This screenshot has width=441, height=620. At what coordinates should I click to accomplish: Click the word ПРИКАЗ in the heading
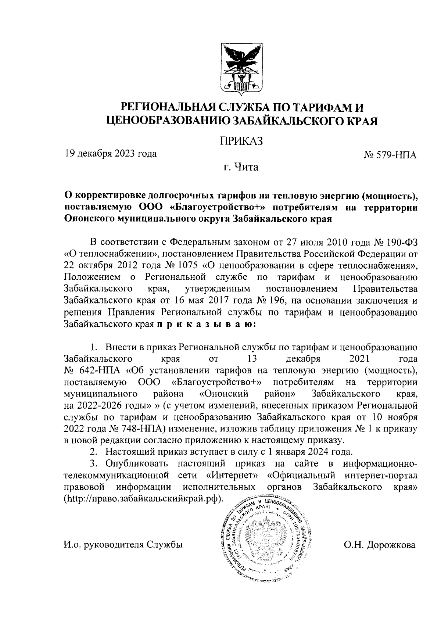tap(241, 141)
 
